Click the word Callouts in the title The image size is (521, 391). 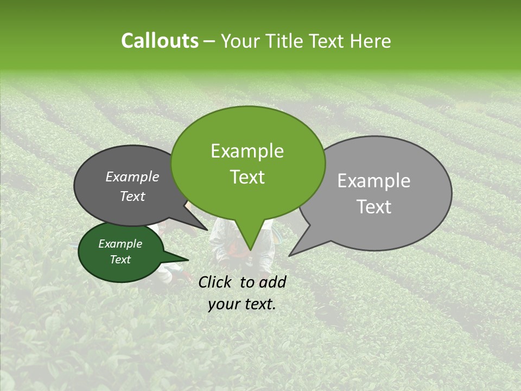[160, 41]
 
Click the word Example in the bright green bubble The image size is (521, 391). [247, 151]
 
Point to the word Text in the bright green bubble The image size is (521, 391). [247, 177]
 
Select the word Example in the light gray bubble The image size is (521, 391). [374, 181]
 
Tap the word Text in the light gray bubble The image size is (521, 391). [374, 207]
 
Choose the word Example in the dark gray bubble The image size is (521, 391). [132, 176]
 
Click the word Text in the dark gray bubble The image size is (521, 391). [132, 196]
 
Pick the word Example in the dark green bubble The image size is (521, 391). [120, 244]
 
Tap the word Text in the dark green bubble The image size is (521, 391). [120, 260]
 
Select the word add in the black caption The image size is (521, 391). [273, 282]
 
